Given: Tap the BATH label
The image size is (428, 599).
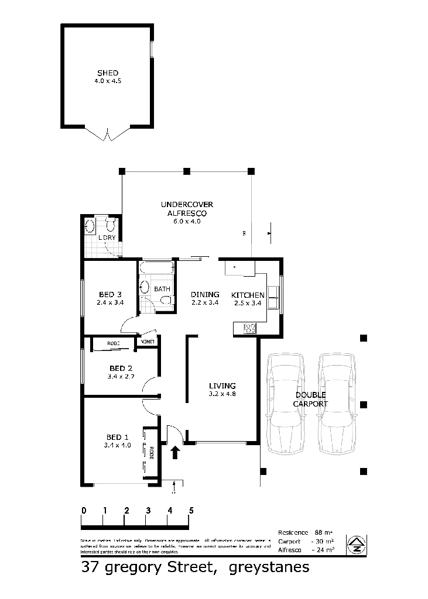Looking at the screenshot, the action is (163, 289).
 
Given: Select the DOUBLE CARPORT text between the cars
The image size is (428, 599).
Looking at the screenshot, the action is (311, 400).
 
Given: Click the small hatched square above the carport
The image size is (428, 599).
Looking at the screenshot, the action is (250, 328).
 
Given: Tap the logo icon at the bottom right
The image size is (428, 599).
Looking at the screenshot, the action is (357, 546).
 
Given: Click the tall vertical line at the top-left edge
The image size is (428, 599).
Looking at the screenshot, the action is (58, 76).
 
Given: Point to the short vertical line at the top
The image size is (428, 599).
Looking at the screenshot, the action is (152, 49).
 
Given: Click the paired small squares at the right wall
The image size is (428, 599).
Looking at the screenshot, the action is (272, 295).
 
